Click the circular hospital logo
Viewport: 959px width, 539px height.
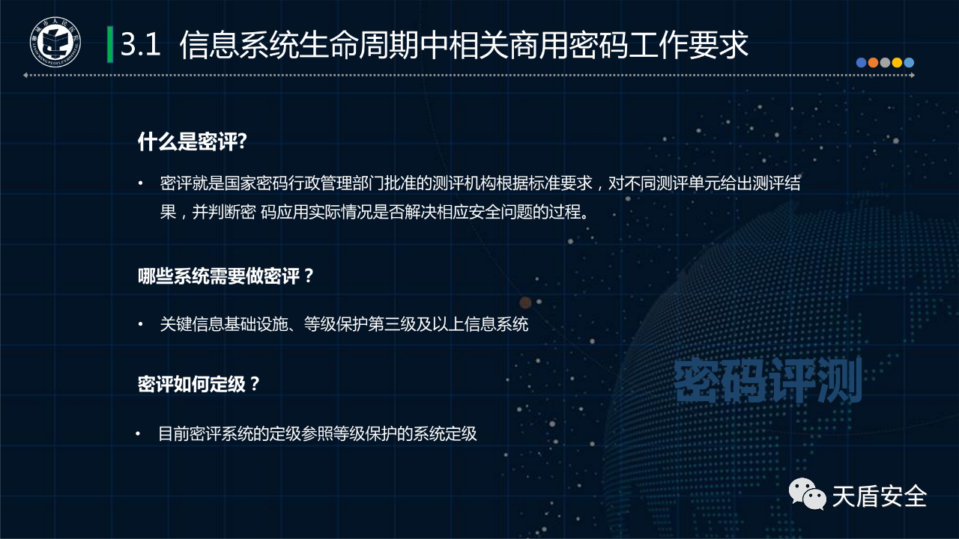click(x=55, y=42)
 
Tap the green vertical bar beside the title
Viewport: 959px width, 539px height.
click(x=110, y=44)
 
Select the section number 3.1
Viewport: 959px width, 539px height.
click(x=140, y=44)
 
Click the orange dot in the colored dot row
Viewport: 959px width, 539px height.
click(x=873, y=62)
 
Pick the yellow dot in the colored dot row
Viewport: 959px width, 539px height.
click(x=897, y=62)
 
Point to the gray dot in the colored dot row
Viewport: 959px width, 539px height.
click(x=885, y=62)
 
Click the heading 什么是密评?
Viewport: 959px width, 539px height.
click(x=193, y=141)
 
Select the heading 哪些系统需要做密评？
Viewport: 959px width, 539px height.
click(x=226, y=276)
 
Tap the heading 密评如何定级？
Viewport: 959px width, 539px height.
click(x=199, y=384)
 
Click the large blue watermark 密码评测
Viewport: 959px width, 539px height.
click(x=768, y=380)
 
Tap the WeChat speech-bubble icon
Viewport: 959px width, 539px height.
click(x=807, y=493)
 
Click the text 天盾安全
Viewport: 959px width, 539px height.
click(x=880, y=496)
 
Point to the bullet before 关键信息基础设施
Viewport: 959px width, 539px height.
click(x=140, y=324)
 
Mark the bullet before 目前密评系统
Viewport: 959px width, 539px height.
click(x=138, y=433)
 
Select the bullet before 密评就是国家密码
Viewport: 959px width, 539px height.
click(x=140, y=183)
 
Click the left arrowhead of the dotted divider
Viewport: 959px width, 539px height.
click(x=25, y=76)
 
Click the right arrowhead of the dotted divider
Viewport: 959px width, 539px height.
click(x=913, y=76)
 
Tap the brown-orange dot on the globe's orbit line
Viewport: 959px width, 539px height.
click(x=525, y=303)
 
